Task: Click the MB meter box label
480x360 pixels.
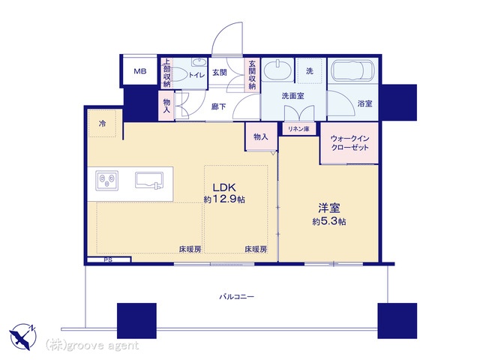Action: (140, 71)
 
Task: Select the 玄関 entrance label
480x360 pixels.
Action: (220, 73)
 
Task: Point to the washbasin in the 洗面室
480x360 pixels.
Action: (278, 70)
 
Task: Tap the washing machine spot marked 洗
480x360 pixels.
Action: (310, 71)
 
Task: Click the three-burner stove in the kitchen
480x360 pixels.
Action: (106, 180)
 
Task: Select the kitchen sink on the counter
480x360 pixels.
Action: (150, 181)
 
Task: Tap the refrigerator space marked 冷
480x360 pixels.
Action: (102, 123)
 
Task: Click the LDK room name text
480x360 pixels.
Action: (224, 187)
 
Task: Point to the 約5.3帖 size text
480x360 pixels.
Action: (329, 221)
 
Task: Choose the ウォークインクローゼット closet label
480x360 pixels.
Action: (350, 142)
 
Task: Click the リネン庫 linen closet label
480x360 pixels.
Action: (298, 129)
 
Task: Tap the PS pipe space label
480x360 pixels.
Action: (108, 260)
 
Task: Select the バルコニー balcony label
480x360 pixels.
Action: (237, 297)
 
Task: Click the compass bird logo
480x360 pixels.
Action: (22, 337)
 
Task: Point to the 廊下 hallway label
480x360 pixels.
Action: (219, 106)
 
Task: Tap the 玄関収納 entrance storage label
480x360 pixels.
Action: (252, 75)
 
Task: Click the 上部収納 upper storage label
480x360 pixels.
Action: (166, 73)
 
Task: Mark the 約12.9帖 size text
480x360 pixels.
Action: (224, 199)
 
